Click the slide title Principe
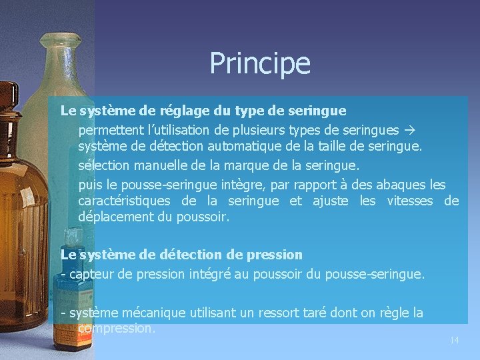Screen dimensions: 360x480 coord(260,64)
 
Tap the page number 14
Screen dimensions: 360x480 coord(454,341)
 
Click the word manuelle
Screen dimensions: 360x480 coord(167,165)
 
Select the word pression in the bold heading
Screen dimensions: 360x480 coord(277,255)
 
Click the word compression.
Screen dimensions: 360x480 coord(116,329)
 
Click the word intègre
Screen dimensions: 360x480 coord(257,184)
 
